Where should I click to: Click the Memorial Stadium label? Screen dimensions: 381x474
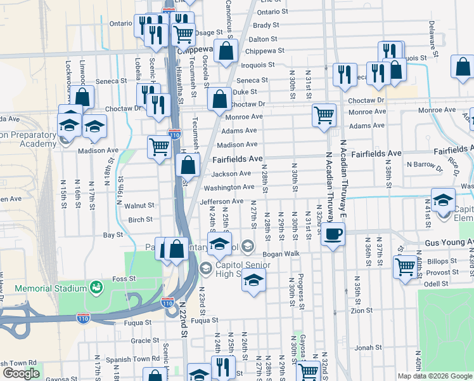pos(50,288)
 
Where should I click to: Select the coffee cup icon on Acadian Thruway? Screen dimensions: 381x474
pos(333,234)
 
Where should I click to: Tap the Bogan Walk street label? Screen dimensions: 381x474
pos(281,253)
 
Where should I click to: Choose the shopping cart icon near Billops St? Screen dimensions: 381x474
pos(404,266)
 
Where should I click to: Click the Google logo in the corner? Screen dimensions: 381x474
pos(21,373)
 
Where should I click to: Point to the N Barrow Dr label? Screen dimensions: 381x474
pos(425,164)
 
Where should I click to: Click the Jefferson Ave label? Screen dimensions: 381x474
pos(221,201)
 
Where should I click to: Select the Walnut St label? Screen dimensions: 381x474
pos(139,205)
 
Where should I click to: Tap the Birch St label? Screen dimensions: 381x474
pos(141,220)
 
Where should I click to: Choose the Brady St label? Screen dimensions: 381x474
pos(266,25)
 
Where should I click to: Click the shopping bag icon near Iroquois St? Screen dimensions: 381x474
pos(226,51)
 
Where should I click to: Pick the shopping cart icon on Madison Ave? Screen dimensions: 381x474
pos(159,147)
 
